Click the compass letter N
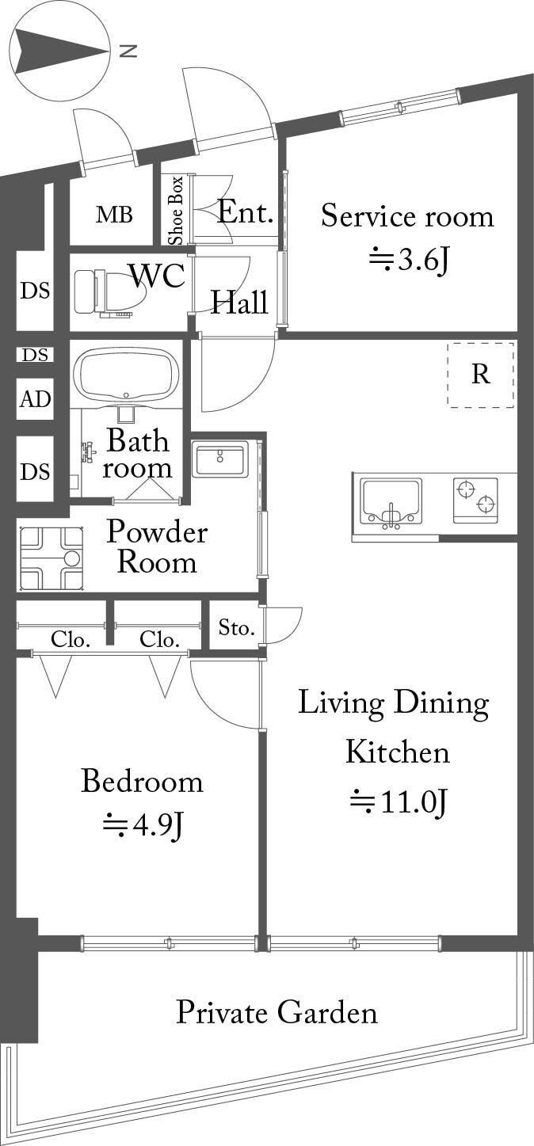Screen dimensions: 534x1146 (128, 51)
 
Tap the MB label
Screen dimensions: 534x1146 (114, 215)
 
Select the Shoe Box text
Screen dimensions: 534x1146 (176, 211)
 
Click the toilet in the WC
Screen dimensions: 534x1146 (110, 292)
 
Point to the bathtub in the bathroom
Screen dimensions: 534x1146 (126, 375)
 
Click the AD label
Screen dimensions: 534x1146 (36, 398)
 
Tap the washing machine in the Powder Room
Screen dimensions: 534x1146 (51, 558)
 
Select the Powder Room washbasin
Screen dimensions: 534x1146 (220, 459)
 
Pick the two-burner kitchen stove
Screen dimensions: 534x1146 (475, 501)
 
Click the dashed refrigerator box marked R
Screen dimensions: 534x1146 (480, 375)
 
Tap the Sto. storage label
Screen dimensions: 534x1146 (237, 627)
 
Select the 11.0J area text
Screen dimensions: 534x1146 (399, 802)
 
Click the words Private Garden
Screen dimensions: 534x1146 (277, 1012)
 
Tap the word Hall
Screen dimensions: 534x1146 (239, 302)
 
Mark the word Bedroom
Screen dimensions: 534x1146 (143, 781)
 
